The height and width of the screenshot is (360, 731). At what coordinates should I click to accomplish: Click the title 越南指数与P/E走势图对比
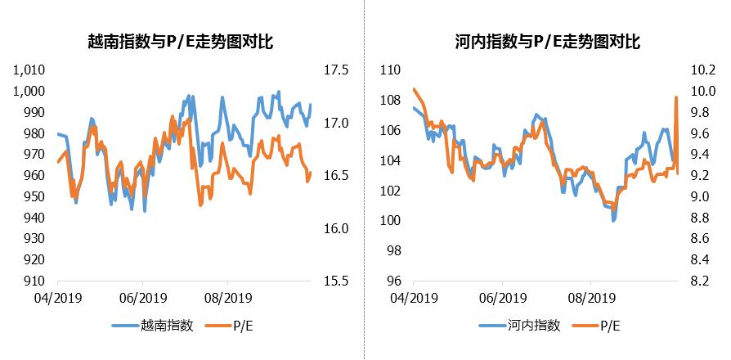[181, 40]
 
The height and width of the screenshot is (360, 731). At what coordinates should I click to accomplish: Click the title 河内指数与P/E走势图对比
[547, 40]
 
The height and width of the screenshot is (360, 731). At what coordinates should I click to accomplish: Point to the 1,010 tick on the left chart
[30, 70]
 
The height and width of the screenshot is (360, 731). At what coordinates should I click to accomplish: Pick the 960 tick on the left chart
[34, 175]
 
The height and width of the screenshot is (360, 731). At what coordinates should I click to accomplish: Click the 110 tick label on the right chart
[389, 70]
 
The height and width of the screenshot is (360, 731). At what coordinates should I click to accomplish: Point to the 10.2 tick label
[701, 70]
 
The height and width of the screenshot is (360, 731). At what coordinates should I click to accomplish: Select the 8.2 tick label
[701, 281]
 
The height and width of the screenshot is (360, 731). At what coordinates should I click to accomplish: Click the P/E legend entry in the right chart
[610, 326]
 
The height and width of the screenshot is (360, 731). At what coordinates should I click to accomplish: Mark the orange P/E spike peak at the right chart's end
[676, 98]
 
